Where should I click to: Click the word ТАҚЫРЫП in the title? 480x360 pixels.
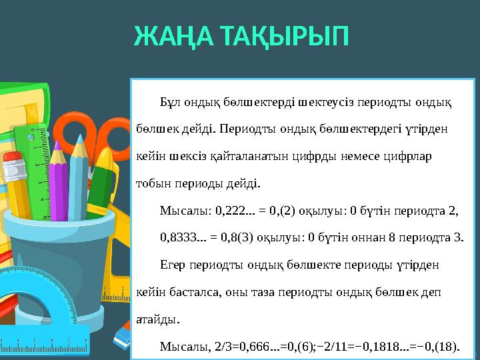click(x=286, y=37)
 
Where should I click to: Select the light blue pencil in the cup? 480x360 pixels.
click(x=79, y=173)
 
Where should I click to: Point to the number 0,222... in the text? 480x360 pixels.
click(x=233, y=211)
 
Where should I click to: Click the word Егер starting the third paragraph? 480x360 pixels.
click(x=173, y=264)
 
